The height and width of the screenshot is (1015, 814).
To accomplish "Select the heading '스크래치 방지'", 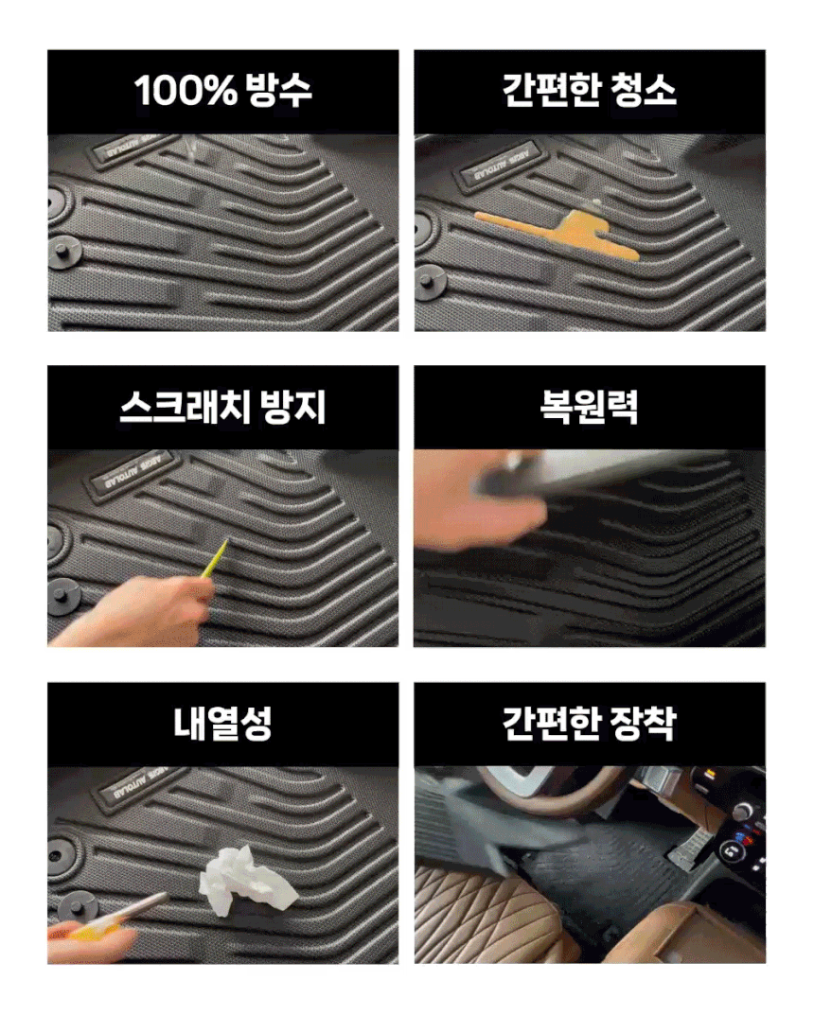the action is click(x=223, y=407).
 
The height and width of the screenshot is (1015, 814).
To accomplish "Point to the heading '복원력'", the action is click(x=590, y=407).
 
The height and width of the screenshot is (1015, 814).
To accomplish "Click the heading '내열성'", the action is click(x=223, y=723).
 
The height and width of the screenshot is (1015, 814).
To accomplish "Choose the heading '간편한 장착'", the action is click(x=590, y=723).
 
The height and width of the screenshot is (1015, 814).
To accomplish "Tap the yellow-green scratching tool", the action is click(x=215, y=559).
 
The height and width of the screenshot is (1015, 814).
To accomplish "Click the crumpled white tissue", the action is click(x=247, y=879).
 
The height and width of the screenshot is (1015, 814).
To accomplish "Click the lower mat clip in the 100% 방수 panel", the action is click(x=63, y=250).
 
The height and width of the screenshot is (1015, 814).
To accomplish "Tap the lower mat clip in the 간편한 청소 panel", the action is click(x=431, y=284).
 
